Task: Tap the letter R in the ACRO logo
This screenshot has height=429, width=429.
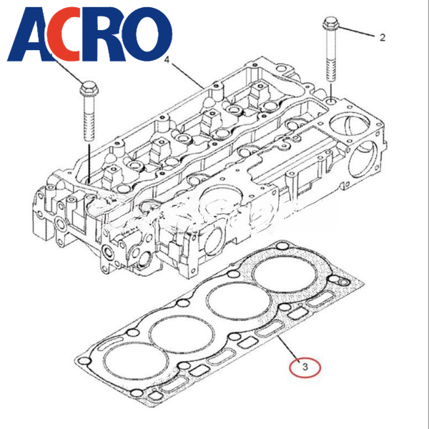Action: [102, 34]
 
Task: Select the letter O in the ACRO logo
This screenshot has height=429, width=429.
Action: [147, 34]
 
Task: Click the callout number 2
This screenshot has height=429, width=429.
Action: [383, 37]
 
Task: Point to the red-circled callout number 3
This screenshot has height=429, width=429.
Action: [305, 367]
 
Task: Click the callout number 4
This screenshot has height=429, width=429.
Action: [167, 59]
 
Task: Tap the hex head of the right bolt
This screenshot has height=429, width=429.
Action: [330, 24]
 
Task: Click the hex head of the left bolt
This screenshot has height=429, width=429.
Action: [89, 87]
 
